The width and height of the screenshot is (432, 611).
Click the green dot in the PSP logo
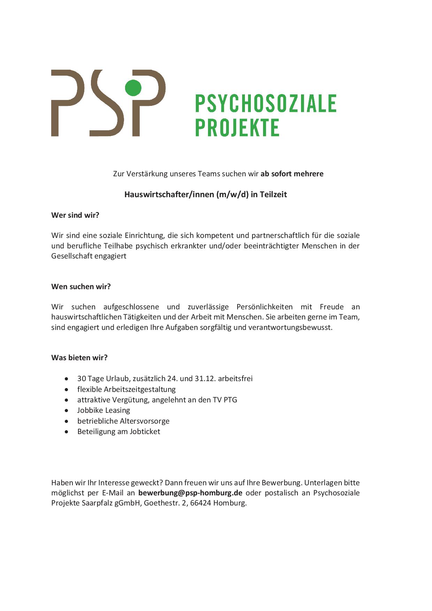pos(133,87)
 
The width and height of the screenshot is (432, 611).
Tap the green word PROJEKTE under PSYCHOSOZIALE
pos(237,127)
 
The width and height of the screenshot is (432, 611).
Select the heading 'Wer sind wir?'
pos(75,215)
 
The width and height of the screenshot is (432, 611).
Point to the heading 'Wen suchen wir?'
pos(81,287)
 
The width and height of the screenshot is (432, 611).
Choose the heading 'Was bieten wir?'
pos(79,358)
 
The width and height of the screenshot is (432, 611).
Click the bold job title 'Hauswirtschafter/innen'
pos(169,194)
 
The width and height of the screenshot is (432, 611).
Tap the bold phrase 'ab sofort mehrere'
pos(292,174)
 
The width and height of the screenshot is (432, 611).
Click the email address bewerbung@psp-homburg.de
pos(190,493)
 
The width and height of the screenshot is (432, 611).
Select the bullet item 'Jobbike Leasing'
pos(103,410)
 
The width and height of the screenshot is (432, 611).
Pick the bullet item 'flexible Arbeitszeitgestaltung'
pos(126,389)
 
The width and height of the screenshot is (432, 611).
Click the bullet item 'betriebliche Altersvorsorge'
pos(123,421)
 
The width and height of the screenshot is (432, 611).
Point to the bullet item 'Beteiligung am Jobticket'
pos(119,432)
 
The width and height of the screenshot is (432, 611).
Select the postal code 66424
pos(200,503)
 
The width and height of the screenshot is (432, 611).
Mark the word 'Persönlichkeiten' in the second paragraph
pos(264,307)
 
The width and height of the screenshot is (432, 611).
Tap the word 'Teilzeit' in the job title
pos(273,194)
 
